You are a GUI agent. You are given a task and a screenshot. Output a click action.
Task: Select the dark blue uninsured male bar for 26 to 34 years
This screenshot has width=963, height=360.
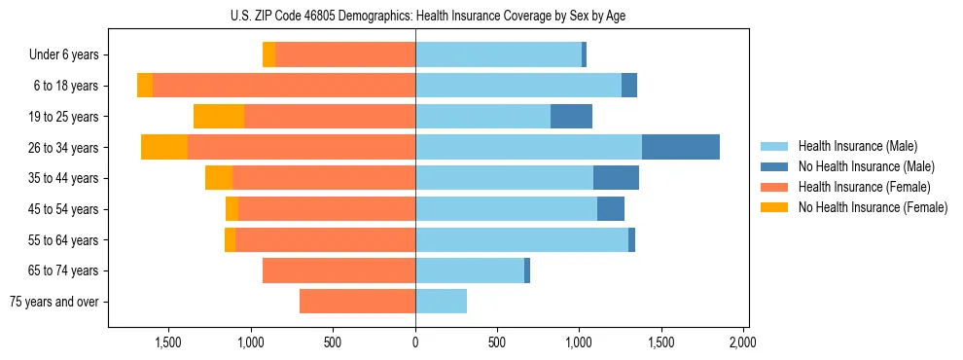point(680,147)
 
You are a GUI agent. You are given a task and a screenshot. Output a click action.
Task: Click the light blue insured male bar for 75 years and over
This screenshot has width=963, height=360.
point(441,302)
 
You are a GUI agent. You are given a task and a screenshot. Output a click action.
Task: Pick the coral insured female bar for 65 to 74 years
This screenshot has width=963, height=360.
point(339,270)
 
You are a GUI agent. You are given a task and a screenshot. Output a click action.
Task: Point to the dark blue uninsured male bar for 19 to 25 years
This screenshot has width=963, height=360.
point(571,116)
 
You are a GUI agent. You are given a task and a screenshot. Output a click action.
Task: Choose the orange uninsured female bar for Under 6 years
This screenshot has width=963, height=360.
point(268,54)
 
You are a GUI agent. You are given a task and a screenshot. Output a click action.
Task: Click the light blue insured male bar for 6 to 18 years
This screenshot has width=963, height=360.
point(517,86)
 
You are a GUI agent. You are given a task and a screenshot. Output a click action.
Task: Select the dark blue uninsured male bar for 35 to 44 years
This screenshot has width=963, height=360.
point(616,178)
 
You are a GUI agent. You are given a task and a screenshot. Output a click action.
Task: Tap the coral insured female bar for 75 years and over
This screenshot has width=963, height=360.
point(357,302)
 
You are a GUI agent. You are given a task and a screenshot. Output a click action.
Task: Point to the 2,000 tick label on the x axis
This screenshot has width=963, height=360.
point(742,342)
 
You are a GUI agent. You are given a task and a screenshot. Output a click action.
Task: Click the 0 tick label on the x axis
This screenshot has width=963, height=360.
point(415,342)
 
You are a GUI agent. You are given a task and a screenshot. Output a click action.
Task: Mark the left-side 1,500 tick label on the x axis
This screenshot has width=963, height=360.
point(169,342)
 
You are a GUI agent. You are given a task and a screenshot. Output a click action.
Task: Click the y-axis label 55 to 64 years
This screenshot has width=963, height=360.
point(64,240)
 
